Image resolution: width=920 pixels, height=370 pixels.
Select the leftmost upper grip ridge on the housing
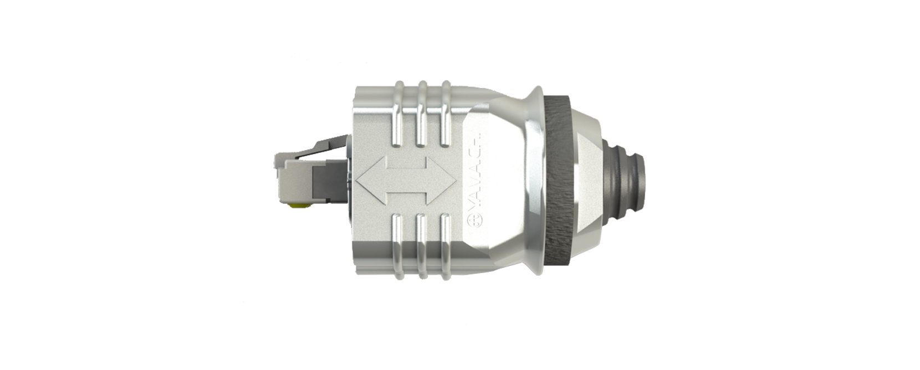coord(397,114)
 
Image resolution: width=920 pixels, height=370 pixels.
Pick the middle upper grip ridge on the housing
coord(421,114)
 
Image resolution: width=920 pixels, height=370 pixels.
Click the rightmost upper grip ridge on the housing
coord(445,114)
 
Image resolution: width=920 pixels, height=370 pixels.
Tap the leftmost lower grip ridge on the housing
coord(397,249)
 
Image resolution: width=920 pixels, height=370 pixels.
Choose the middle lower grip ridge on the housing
coord(421,249)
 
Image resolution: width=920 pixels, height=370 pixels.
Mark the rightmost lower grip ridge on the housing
coord(445,249)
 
